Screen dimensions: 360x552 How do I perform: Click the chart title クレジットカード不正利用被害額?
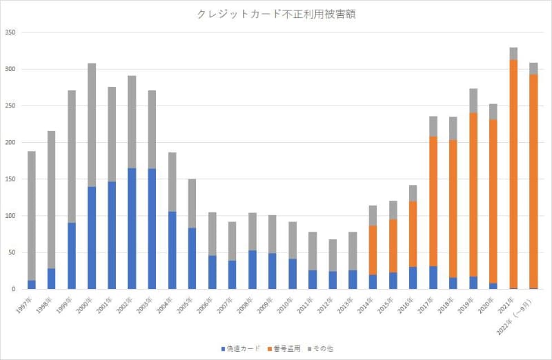pyautogui.click(x=277, y=13)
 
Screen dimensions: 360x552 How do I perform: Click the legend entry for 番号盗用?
pyautogui.click(x=284, y=348)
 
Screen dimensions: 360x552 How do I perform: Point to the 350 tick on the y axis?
pyautogui.click(x=10, y=33)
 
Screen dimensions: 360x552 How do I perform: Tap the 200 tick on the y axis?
pyautogui.click(x=10, y=143)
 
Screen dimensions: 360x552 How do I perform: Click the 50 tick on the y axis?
pyautogui.click(x=12, y=252)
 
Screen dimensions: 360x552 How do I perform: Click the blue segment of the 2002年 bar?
pyautogui.click(x=132, y=228)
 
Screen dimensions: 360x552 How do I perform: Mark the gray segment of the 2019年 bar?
pyautogui.click(x=473, y=101)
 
